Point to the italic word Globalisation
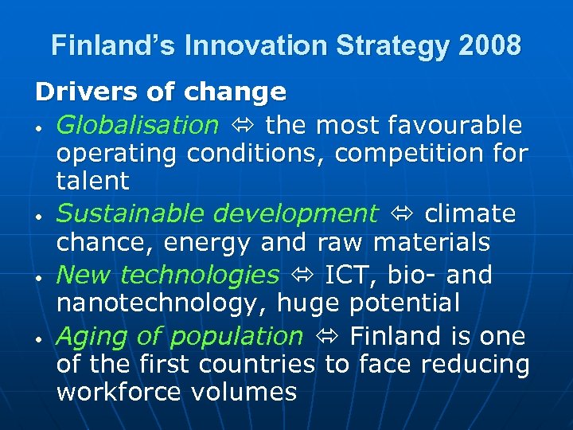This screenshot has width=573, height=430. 137,125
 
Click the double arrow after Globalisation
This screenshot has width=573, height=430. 242,126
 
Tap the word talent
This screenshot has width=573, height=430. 92,181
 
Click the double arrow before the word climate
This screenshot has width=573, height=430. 402,214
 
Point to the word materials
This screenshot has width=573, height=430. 442,241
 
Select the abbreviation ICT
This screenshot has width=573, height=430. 349,275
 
